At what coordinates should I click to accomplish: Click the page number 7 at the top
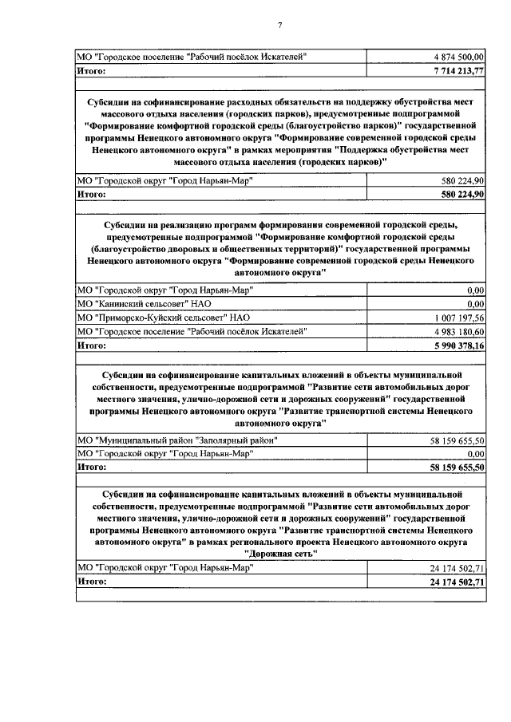[x=279, y=26]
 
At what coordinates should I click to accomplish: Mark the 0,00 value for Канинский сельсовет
[x=476, y=303]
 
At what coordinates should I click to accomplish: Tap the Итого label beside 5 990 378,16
[x=92, y=345]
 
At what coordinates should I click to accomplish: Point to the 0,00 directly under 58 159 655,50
[x=476, y=453]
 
